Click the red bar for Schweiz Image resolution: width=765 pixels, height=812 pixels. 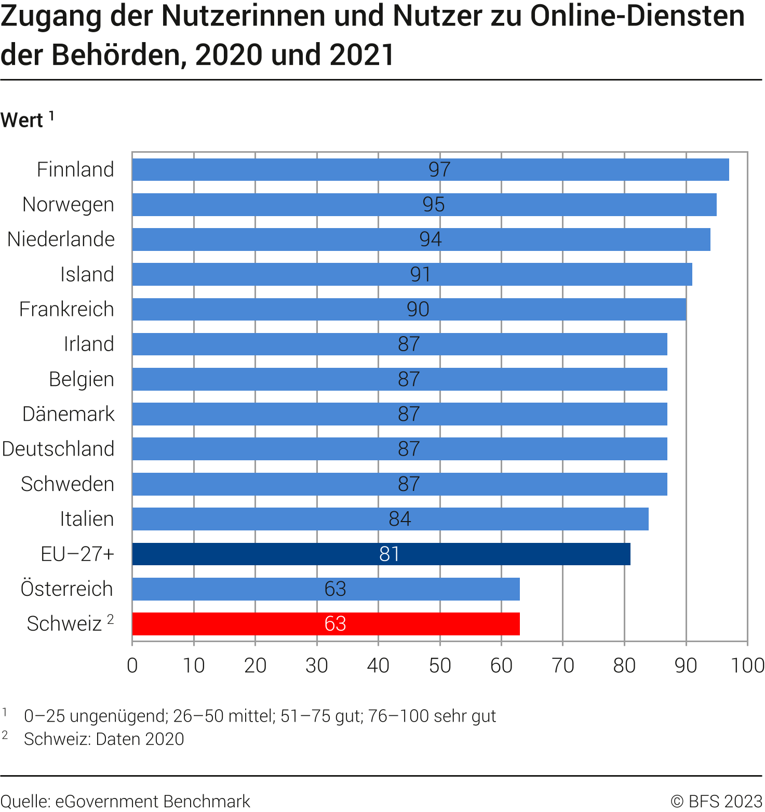click(x=326, y=623)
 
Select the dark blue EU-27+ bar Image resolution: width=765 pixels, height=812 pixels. click(x=381, y=554)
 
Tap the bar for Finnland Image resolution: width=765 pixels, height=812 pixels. click(x=430, y=169)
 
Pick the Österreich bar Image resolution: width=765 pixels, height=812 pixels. click(x=326, y=589)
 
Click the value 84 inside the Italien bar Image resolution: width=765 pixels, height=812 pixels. click(x=400, y=519)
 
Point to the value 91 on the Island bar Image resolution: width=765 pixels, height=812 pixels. click(x=420, y=274)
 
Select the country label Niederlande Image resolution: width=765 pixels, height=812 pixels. click(x=61, y=239)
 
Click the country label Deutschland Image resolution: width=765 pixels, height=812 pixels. click(x=58, y=449)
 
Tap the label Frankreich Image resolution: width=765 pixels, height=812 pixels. click(x=66, y=309)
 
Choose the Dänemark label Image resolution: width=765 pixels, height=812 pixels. click(x=69, y=414)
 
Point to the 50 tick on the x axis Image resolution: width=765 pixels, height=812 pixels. click(x=440, y=665)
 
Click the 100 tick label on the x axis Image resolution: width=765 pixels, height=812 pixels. click(x=747, y=665)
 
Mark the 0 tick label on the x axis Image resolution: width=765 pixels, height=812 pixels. click(x=132, y=665)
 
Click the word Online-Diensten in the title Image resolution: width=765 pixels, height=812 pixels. click(x=637, y=17)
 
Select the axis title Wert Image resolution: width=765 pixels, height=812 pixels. click(x=22, y=121)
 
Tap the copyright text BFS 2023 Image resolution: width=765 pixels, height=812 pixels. click(x=717, y=801)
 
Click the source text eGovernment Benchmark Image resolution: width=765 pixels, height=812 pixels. click(x=152, y=801)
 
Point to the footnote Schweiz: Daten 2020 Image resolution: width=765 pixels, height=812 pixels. click(x=104, y=739)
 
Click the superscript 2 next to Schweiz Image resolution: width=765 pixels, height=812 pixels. click(x=110, y=619)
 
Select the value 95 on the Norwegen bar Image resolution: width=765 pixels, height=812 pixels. click(x=433, y=205)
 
